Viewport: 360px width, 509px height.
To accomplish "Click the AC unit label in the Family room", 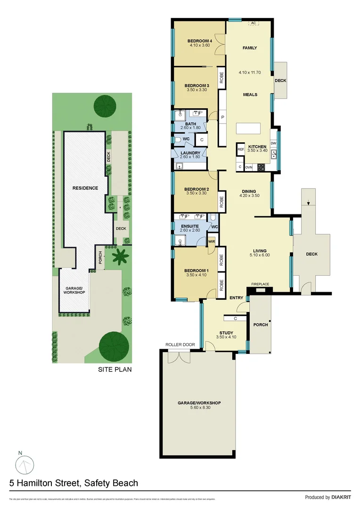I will point(253,23).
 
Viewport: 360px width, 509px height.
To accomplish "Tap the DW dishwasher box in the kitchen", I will point(273,143).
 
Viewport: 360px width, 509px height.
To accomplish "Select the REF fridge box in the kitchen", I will point(241,149).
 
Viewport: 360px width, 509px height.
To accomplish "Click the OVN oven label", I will point(249,167).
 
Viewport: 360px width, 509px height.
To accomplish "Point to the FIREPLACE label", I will point(260,284).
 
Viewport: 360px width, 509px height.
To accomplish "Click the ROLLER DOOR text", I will point(180,345).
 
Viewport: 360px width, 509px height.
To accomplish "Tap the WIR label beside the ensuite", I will point(212,242).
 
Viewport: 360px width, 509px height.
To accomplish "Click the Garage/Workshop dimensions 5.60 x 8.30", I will point(199,408).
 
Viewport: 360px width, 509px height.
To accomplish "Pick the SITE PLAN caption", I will point(115,369).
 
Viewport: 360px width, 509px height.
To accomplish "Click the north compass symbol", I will point(24,466).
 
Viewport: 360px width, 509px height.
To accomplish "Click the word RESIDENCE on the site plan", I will point(85,188).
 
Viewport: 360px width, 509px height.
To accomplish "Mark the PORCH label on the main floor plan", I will point(261,324).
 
